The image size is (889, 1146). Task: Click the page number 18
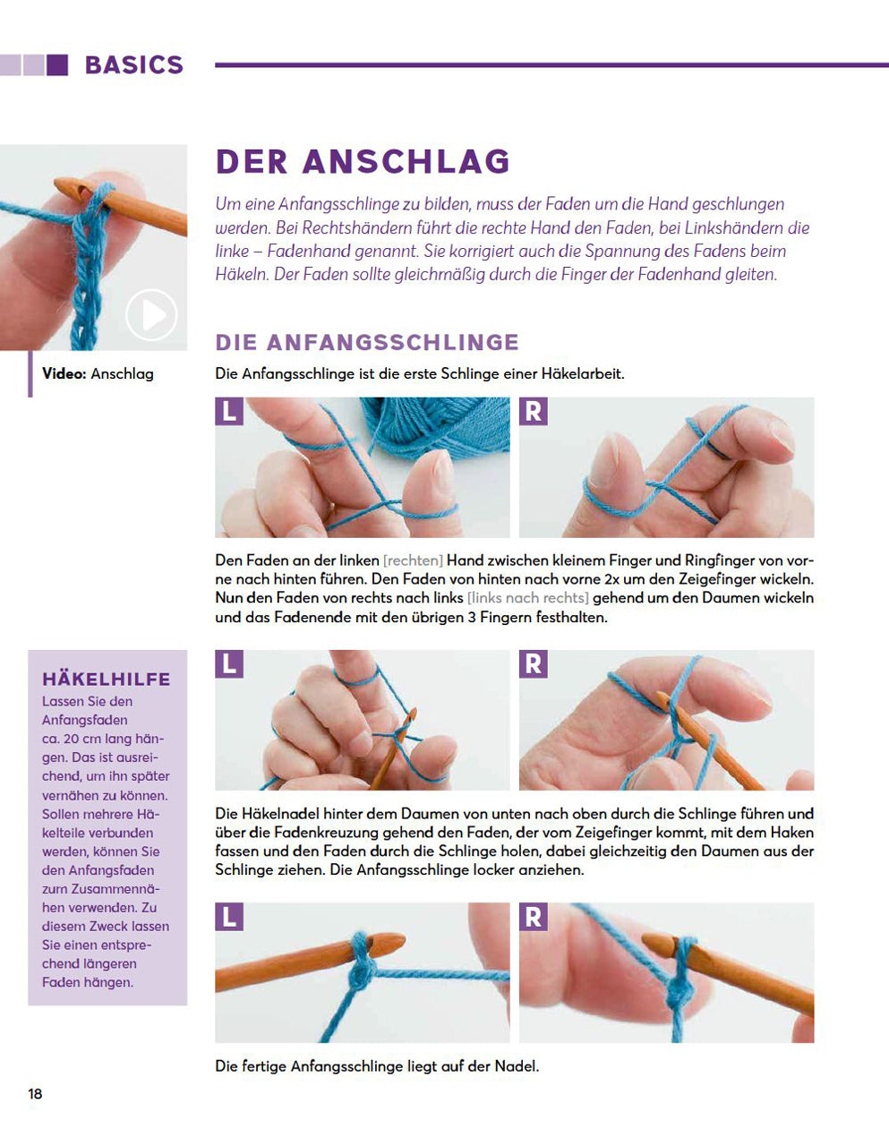[35, 1093]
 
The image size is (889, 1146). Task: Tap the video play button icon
[150, 314]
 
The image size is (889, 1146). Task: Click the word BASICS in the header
[133, 65]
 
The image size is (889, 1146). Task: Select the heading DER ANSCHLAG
[363, 162]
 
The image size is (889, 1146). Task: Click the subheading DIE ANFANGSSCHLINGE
[367, 342]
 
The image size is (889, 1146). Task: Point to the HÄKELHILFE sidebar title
[106, 679]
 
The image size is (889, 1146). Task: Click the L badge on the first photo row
[229, 412]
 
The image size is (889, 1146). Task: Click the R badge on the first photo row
[534, 412]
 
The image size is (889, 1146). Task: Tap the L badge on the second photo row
[229, 664]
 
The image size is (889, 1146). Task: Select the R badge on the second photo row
[534, 664]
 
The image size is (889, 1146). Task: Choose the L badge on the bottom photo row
[229, 917]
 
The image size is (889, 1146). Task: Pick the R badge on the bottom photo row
[534, 917]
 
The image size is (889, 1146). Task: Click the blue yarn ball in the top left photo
[448, 425]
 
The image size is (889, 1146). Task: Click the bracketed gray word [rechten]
[413, 560]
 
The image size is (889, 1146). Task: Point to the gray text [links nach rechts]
[527, 598]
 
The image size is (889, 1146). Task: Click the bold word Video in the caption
[64, 374]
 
